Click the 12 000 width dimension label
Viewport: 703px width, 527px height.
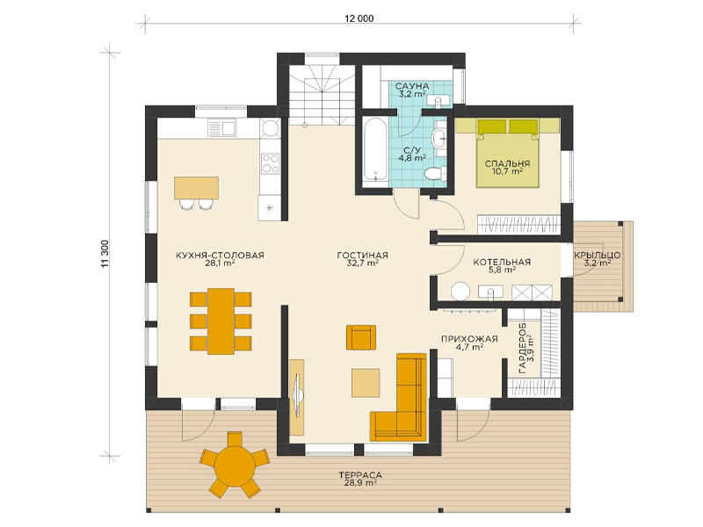click(359, 18)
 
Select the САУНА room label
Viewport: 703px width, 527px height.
click(412, 85)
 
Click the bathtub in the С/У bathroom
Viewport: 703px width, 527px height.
click(375, 149)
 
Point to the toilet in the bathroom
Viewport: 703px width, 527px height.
click(435, 173)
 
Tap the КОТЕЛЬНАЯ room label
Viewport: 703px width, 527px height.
click(502, 262)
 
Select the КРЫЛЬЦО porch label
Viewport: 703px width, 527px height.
click(598, 256)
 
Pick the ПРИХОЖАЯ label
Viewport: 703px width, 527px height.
click(469, 339)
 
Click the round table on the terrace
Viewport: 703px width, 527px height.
click(235, 466)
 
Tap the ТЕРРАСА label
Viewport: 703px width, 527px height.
click(360, 475)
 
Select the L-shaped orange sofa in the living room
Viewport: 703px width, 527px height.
click(399, 397)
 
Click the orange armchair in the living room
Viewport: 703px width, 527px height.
click(361, 337)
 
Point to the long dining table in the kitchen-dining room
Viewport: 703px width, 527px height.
click(221, 321)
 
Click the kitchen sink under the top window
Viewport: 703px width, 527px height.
click(221, 128)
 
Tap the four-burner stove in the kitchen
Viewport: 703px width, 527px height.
click(271, 163)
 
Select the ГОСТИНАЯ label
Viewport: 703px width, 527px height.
click(362, 256)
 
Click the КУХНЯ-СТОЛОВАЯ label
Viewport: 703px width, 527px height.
click(220, 256)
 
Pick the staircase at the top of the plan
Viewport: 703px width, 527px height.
click(322, 95)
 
